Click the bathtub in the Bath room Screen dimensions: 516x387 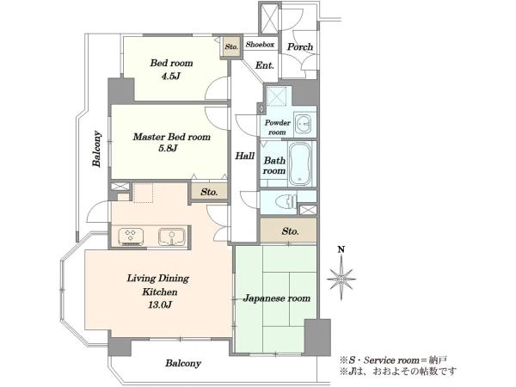click(x=299, y=163)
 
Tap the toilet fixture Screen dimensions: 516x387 click(x=286, y=201)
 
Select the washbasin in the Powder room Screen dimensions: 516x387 click(x=304, y=124)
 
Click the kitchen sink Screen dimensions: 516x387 click(x=171, y=236)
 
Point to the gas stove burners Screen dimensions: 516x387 click(x=131, y=236)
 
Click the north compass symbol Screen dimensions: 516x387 click(x=341, y=278)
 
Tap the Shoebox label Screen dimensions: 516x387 click(x=260, y=45)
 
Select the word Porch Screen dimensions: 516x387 click(x=300, y=46)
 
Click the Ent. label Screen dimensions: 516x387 click(x=265, y=65)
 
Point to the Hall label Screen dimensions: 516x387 click(x=244, y=156)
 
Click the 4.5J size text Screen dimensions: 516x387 click(x=171, y=77)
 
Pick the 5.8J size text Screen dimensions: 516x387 click(x=169, y=148)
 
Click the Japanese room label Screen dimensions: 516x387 click(x=276, y=298)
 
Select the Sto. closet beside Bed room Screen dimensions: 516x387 click(x=231, y=46)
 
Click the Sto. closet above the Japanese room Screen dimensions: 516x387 click(x=289, y=230)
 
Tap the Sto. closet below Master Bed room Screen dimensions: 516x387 click(x=209, y=192)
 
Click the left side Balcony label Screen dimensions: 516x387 click(x=96, y=149)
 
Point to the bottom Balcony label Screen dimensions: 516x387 click(x=183, y=363)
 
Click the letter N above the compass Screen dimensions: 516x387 click(x=341, y=249)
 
